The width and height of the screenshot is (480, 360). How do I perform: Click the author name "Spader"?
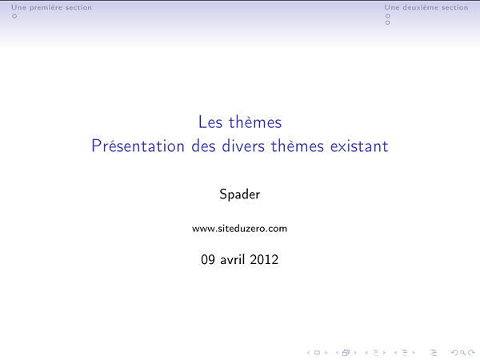[x=239, y=194]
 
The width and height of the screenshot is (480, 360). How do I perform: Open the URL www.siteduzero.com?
[x=239, y=229]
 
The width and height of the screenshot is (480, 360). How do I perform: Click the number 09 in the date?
[x=208, y=260]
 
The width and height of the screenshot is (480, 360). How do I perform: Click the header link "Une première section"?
[x=46, y=7]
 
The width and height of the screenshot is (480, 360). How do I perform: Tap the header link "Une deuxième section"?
[x=426, y=7]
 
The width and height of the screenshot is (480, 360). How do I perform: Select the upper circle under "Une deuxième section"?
[x=388, y=15]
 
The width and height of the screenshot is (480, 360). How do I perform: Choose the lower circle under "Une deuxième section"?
[x=388, y=22]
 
